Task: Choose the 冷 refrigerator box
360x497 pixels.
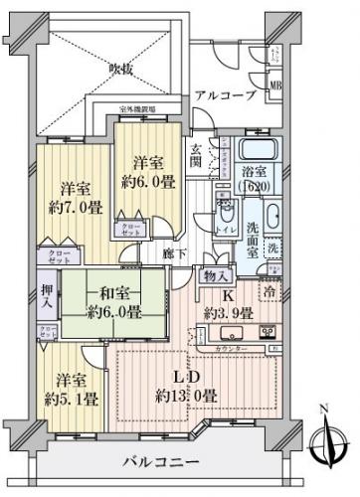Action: tap(270, 291)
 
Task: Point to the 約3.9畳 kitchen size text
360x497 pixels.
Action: tap(231, 312)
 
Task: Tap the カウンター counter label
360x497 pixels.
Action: tap(231, 350)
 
